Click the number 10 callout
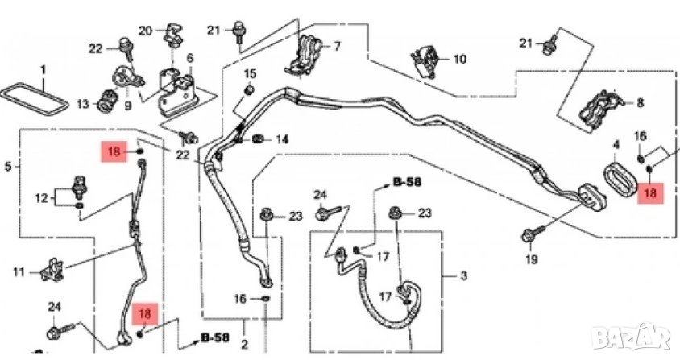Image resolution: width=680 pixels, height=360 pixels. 459,59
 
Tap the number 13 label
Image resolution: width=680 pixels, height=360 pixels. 82,104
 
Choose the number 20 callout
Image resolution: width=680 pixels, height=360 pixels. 145,31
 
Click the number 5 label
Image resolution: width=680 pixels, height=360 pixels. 8,168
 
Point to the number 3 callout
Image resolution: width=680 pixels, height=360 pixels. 463,277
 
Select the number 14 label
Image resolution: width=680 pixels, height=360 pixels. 281,139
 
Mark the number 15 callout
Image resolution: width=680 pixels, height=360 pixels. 249,74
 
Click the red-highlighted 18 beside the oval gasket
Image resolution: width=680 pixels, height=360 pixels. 648,192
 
